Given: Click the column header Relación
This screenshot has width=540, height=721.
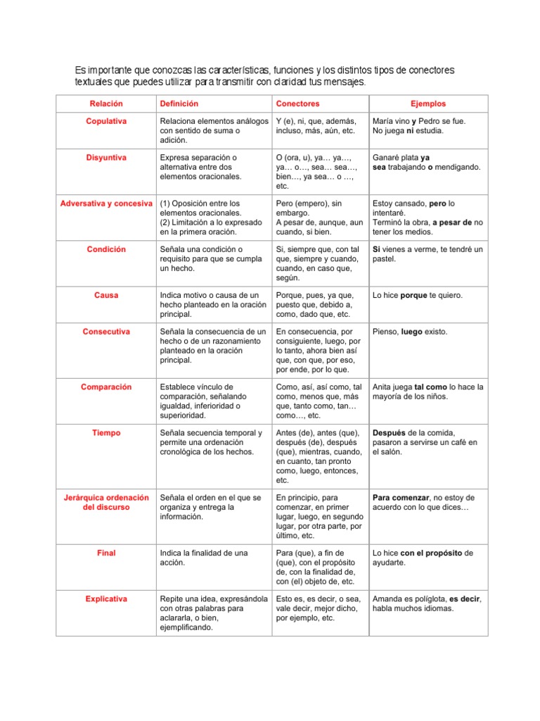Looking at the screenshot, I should [x=106, y=104].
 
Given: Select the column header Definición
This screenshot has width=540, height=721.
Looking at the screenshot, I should [x=184, y=104].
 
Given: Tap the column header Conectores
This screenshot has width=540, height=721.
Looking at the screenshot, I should [x=297, y=104].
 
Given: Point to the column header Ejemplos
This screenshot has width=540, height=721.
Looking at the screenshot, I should [x=427, y=104].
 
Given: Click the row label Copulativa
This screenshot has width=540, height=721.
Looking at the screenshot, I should [x=106, y=121].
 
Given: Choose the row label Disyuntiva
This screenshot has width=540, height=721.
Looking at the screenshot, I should [x=106, y=158].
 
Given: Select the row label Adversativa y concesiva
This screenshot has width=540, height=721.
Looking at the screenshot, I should [x=106, y=203].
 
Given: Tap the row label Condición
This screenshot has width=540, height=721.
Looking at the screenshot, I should [x=106, y=249].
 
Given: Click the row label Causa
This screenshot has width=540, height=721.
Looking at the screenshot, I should [x=106, y=295].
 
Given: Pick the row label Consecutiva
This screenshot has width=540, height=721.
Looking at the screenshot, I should [x=106, y=332].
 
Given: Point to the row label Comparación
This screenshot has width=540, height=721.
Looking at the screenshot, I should [x=106, y=387].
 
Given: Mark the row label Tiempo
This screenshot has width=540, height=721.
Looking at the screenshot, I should [x=106, y=432].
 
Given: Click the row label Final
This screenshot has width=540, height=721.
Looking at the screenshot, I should [x=106, y=553].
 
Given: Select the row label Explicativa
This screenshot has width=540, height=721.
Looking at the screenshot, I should [x=106, y=598].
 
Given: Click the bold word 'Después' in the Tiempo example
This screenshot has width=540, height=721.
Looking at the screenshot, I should [x=389, y=432].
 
